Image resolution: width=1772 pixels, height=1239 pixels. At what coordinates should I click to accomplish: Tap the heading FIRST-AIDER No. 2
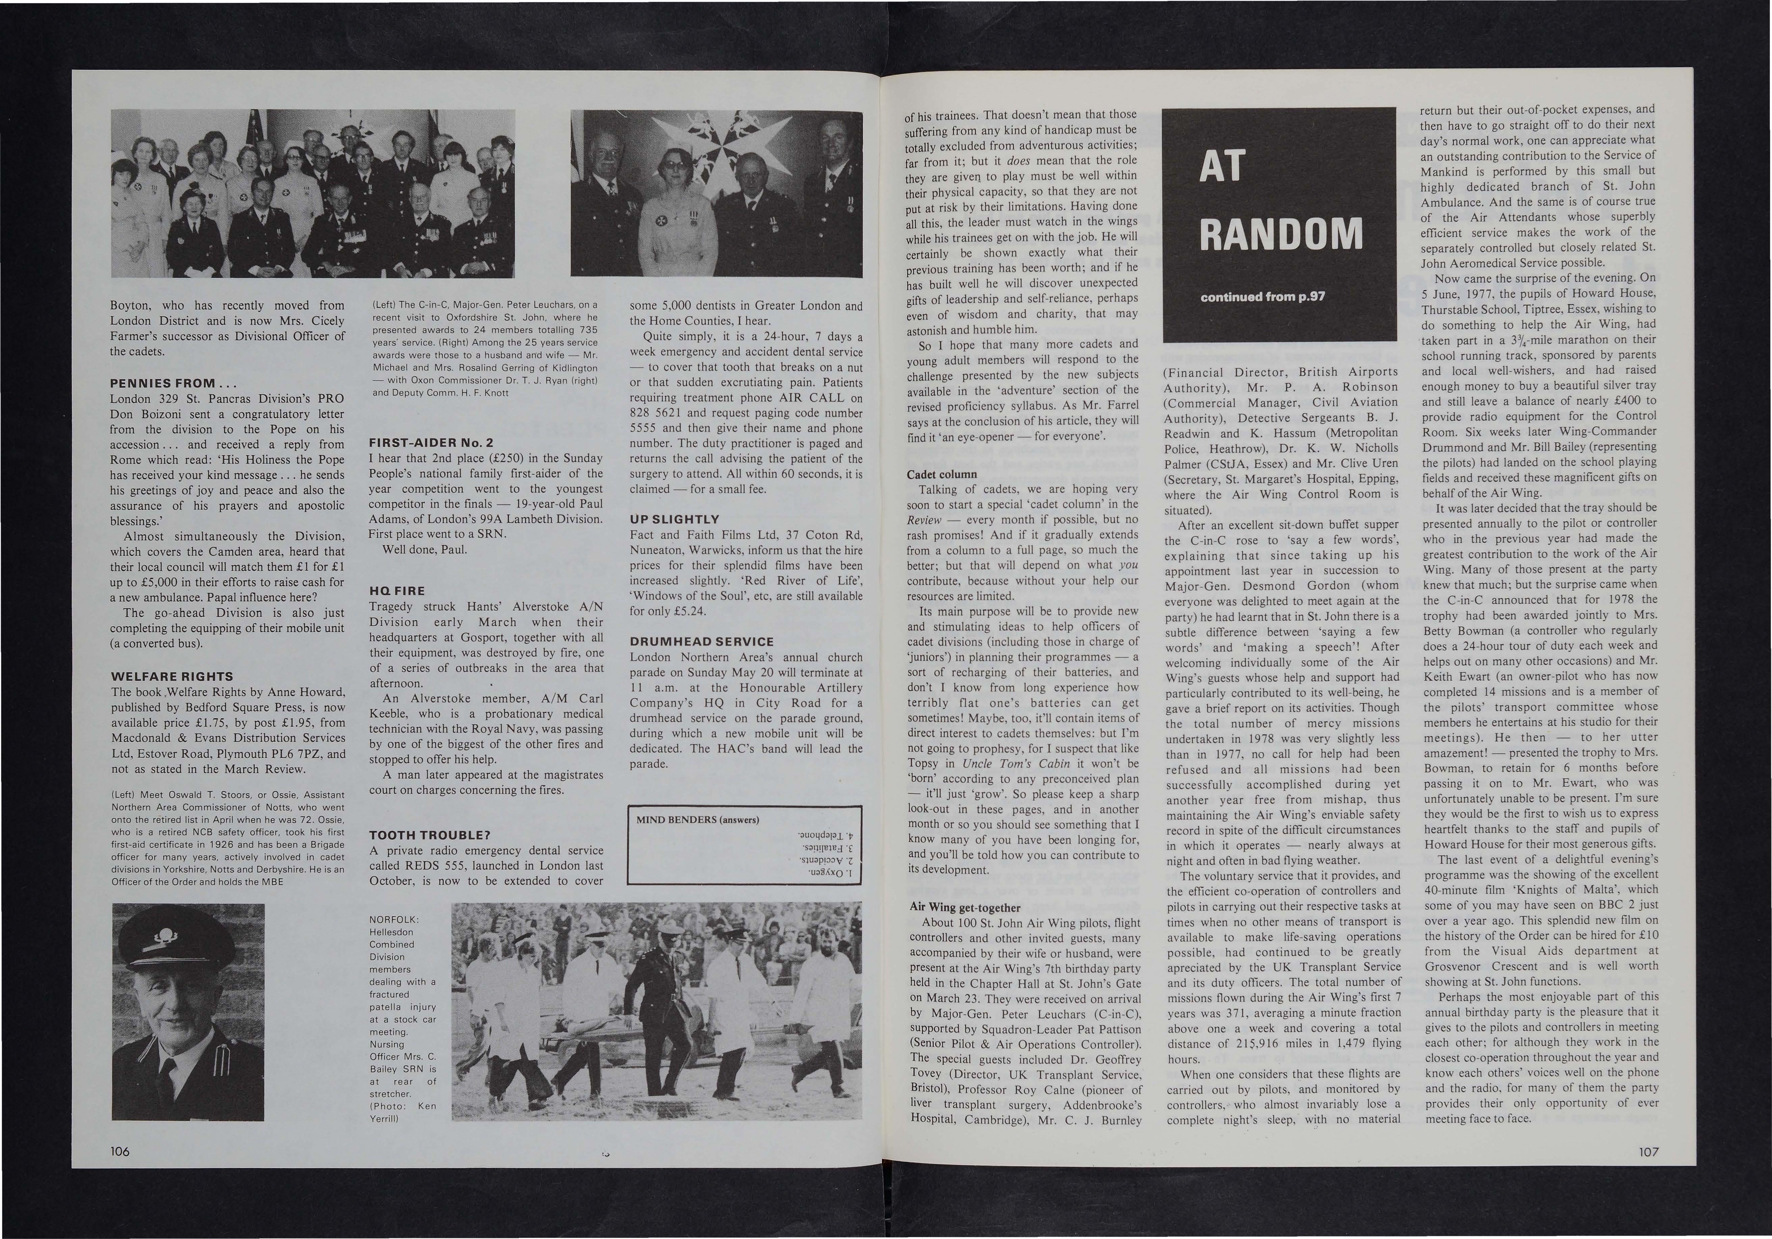pos(431,443)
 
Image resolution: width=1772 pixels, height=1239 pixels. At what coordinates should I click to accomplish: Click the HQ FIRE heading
pos(397,590)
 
